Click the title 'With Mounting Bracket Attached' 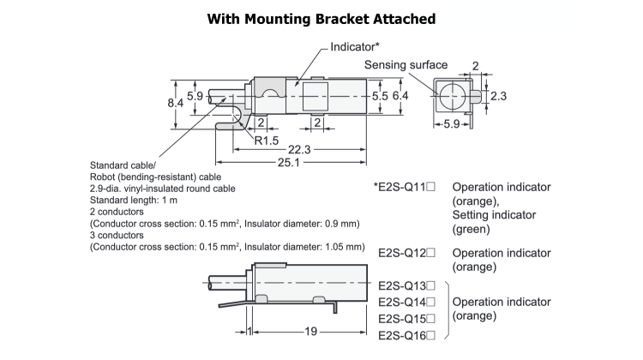(x=321, y=19)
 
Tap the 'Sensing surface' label (x=406, y=65)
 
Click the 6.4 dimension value (x=400, y=97)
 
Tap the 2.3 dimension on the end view (x=499, y=97)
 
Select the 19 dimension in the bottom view (x=310, y=330)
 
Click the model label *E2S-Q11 (x=406, y=187)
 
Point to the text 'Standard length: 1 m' (x=134, y=200)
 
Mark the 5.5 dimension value (x=380, y=97)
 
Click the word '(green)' (x=472, y=229)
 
